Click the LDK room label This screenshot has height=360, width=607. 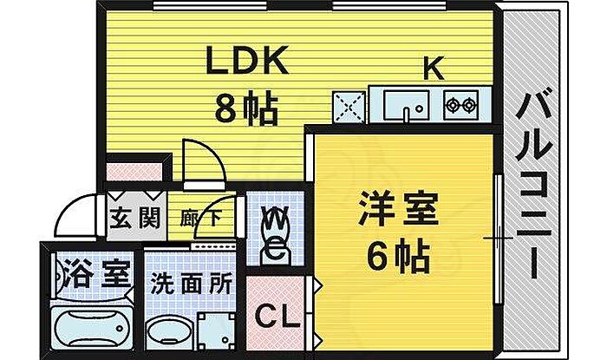(x=245, y=63)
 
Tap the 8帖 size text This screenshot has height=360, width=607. (x=246, y=109)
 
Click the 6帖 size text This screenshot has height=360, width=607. (x=400, y=256)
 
